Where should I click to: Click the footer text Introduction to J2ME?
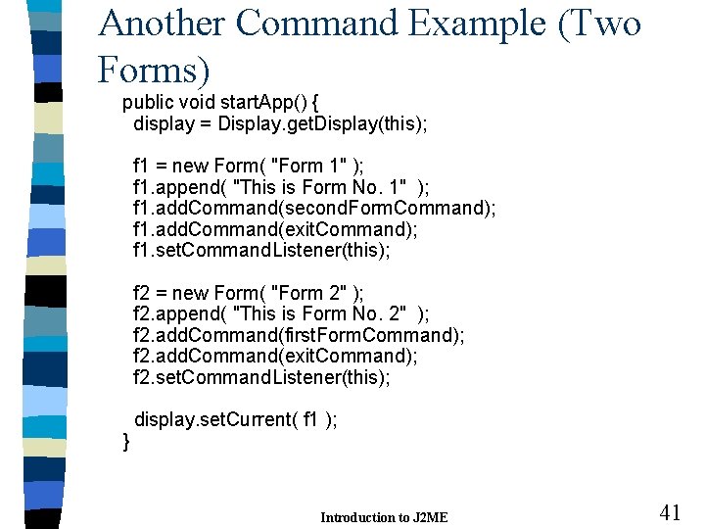pyautogui.click(x=384, y=517)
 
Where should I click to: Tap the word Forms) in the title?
pyautogui.click(x=154, y=69)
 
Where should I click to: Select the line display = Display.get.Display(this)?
pyautogui.click(x=280, y=124)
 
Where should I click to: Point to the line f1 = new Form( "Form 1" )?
pyautogui.click(x=249, y=167)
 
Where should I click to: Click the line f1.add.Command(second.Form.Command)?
pyautogui.click(x=314, y=209)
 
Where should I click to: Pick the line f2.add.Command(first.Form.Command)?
pyautogui.click(x=299, y=335)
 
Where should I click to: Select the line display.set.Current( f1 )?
pyautogui.click(x=236, y=419)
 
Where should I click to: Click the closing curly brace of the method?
pyautogui.click(x=125, y=441)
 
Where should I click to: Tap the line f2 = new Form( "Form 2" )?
pyautogui.click(x=249, y=293)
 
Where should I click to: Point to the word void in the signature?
pyautogui.click(x=198, y=103)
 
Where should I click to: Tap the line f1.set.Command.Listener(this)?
pyautogui.click(x=261, y=251)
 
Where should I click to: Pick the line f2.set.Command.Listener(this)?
pyautogui.click(x=261, y=377)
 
